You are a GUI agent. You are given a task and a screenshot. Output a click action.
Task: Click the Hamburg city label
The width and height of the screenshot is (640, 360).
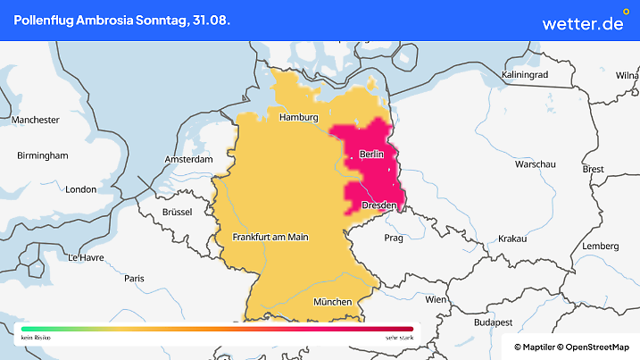pyautogui.click(x=298, y=118)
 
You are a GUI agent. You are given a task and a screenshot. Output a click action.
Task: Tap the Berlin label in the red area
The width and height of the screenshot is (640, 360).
pyautogui.click(x=371, y=155)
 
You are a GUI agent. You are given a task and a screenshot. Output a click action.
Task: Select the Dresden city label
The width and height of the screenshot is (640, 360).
pyautogui.click(x=378, y=206)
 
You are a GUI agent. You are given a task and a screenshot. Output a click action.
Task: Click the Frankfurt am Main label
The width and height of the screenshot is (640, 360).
pyautogui.click(x=270, y=237)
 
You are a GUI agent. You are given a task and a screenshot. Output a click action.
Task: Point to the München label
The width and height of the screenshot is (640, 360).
pyautogui.click(x=331, y=302)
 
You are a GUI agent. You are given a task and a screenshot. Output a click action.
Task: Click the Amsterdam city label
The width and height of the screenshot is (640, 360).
pyautogui.click(x=188, y=160)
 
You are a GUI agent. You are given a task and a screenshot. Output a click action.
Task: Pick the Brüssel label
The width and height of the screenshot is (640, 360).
pyautogui.click(x=178, y=212)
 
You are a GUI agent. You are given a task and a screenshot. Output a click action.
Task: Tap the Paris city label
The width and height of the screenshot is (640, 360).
pyautogui.click(x=134, y=278)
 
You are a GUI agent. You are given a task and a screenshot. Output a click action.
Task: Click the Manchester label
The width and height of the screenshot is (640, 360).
pyautogui.click(x=36, y=120)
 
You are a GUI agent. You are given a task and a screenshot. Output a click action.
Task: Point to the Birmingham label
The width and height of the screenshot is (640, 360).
pyautogui.click(x=42, y=155)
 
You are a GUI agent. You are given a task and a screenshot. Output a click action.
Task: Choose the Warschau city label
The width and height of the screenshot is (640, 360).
pyautogui.click(x=536, y=165)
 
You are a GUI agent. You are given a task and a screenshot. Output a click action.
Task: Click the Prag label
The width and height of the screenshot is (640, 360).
pyautogui.click(x=394, y=239)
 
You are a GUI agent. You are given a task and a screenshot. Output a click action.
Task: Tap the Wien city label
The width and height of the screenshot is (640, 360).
pyautogui.click(x=436, y=299)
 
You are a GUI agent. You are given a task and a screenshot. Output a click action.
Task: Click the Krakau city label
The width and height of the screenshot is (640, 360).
pyautogui.click(x=512, y=239)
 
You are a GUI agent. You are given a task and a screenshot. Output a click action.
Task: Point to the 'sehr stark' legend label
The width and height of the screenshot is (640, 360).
pyautogui.click(x=399, y=339)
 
